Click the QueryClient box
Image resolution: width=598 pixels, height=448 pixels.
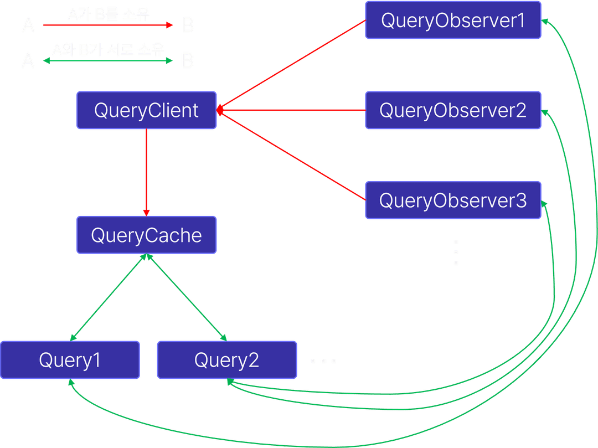point(146,111)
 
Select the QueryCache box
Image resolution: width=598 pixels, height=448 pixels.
point(146,235)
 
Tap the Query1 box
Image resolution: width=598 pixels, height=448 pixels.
point(70,361)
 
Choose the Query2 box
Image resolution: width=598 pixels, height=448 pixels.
point(226,361)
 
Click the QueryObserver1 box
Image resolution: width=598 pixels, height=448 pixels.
point(452,20)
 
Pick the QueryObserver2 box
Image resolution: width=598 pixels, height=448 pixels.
point(452,110)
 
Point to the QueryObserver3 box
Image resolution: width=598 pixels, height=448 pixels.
point(452,200)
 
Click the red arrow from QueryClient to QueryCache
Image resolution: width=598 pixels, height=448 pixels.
point(146,172)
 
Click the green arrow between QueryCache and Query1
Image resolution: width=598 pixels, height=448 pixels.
point(107,297)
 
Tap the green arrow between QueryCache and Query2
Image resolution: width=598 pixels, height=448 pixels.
point(185,297)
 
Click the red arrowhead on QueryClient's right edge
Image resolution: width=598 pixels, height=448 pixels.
point(220,110)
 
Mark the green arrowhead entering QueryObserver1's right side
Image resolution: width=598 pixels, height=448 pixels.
point(545,21)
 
